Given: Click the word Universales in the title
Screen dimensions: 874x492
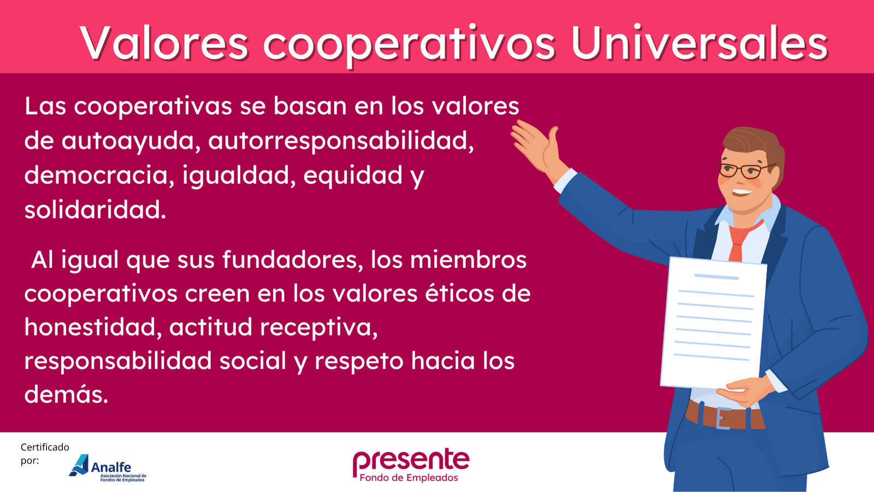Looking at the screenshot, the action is click(699, 43).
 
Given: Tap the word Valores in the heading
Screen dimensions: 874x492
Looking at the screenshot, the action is click(164, 43).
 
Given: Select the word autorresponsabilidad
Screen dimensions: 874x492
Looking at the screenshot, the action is click(341, 140).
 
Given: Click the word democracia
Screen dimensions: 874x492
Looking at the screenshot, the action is click(99, 175).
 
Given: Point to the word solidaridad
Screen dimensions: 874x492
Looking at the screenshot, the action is click(95, 209).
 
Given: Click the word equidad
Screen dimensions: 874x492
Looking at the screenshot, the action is click(353, 175).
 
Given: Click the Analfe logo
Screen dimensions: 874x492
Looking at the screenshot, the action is click(108, 468).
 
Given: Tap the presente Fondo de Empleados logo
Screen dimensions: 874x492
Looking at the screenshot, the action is click(411, 465).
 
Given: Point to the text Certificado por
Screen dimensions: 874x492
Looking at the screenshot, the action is click(45, 454).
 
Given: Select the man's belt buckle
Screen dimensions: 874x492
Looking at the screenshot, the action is click(723, 418).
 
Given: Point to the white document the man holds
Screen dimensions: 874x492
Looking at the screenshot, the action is click(713, 322).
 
